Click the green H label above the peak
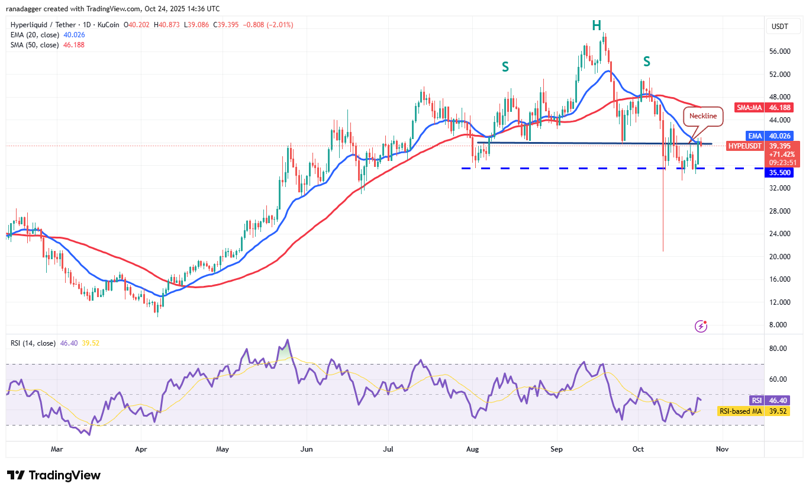tap(597, 25)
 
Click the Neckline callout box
tap(703, 116)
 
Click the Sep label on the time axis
tap(557, 449)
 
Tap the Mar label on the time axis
tap(57, 449)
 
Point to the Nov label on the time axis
tap(722, 449)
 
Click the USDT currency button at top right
tap(780, 26)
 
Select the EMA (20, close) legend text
tap(36, 35)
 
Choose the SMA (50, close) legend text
tap(36, 45)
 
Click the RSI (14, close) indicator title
tap(33, 343)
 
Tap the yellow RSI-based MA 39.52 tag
tap(740, 411)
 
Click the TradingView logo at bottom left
tap(54, 475)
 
